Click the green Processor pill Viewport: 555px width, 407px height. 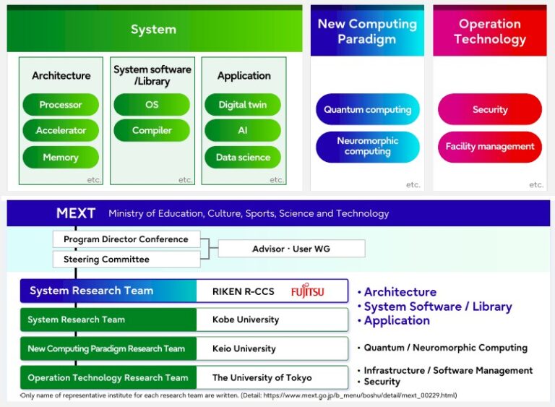tap(61, 105)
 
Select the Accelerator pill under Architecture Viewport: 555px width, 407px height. tap(61, 131)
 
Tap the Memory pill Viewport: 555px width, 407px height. tap(61, 157)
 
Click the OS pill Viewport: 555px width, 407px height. tap(152, 105)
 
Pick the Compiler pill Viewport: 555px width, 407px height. tap(152, 131)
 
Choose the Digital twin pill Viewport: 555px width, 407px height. tap(243, 105)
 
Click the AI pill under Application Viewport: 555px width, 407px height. tap(243, 131)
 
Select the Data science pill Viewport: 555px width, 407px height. tap(243, 157)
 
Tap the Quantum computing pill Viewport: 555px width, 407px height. tap(367, 110)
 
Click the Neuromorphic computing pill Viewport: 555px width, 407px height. tap(367, 147)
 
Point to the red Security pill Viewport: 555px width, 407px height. tap(490, 110)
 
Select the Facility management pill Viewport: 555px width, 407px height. tap(490, 147)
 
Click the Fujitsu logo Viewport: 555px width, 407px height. tap(308, 292)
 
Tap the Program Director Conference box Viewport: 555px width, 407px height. tap(126, 239)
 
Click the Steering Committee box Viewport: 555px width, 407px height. tap(126, 260)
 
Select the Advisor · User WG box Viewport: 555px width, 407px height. tap(291, 249)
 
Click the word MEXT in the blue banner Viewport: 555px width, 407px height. tap(76, 213)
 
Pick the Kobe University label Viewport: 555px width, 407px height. tap(246, 320)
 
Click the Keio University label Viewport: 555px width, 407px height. tap(244, 348)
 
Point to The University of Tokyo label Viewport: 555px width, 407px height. tap(262, 377)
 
